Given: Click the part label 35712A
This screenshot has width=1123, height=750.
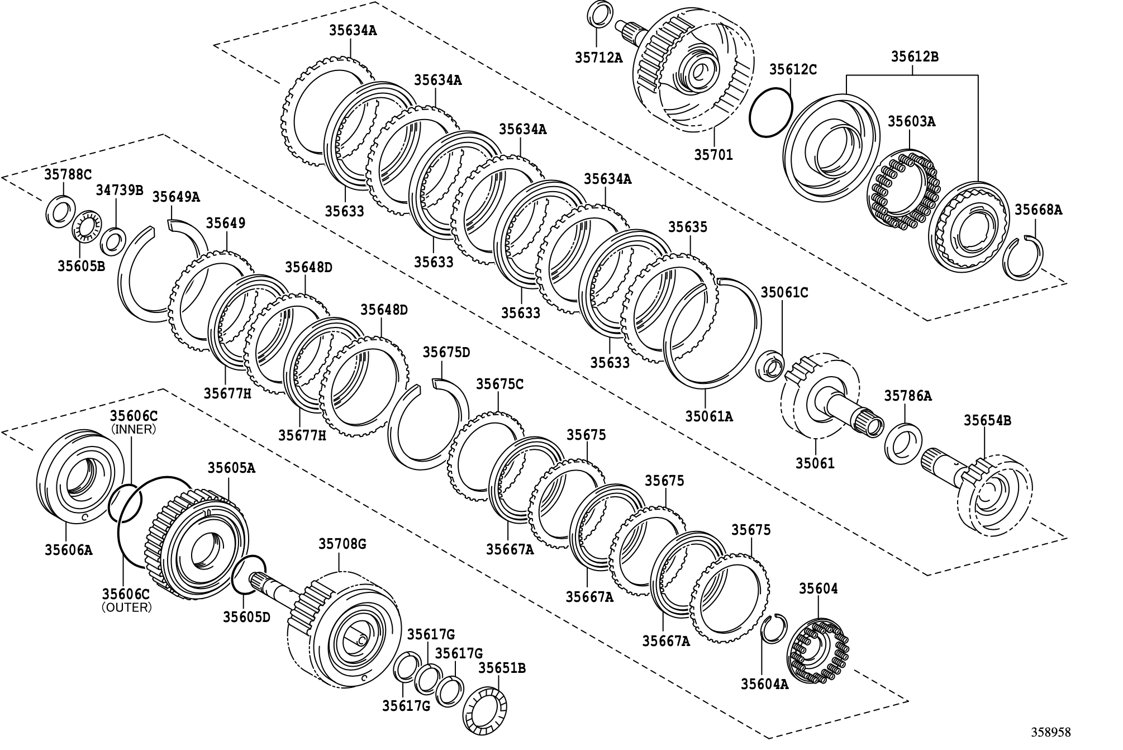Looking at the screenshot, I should click(598, 57).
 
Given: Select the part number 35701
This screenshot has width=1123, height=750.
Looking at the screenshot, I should click(713, 154).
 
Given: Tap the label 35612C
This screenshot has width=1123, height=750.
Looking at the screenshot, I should click(793, 69).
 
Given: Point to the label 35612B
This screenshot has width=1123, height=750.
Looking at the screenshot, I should click(914, 56).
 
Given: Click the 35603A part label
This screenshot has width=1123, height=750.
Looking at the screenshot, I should click(911, 121).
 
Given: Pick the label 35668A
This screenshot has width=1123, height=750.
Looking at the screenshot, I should click(1038, 210).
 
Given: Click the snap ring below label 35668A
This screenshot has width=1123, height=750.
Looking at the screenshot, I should click(1023, 258).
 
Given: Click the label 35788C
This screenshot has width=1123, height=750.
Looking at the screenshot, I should click(68, 174).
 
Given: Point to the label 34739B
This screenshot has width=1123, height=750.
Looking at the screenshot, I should click(119, 191).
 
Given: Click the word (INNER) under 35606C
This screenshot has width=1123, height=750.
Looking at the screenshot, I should click(134, 429).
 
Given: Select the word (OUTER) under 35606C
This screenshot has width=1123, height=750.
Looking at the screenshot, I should click(127, 607).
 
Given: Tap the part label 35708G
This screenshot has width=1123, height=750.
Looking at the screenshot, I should click(342, 544).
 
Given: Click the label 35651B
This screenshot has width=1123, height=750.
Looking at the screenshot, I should click(502, 668).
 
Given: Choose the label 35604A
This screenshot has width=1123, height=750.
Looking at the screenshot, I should click(765, 683).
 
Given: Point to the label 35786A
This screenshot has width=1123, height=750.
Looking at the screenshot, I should click(908, 396).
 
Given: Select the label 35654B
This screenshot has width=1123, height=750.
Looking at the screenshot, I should click(987, 420).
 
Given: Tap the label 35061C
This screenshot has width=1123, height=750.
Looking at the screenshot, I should click(784, 292).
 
